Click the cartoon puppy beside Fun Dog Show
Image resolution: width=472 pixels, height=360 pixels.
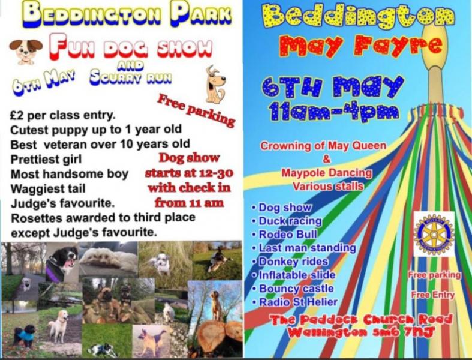[26, 52]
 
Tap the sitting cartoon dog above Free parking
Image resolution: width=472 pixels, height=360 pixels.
[215, 85]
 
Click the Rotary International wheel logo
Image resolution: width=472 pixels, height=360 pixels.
[434, 234]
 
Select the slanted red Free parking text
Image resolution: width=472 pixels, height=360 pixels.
[196, 110]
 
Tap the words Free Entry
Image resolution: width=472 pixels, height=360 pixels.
[433, 295]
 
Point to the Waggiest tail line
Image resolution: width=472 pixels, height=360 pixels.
[48, 188]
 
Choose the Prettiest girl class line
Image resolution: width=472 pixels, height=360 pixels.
[46, 160]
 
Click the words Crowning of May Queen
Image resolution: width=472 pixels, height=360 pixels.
[323, 146]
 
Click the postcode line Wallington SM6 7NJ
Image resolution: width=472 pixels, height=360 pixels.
[362, 332]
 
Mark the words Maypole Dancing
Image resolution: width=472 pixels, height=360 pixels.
[327, 173]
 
